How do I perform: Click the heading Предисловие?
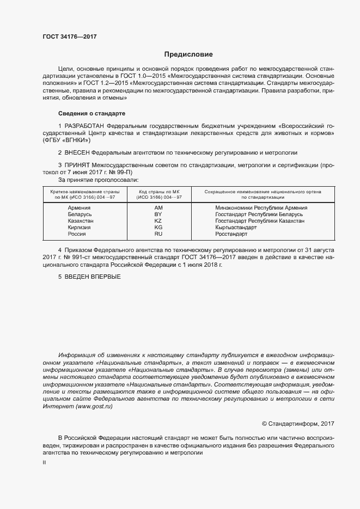click(x=188, y=54)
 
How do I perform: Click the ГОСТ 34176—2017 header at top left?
click(x=69, y=36)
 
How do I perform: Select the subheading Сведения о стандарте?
click(x=91, y=113)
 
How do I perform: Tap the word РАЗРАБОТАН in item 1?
click(x=84, y=126)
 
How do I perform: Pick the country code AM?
click(x=158, y=208)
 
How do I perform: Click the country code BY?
click(x=158, y=214)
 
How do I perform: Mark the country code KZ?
click(x=158, y=221)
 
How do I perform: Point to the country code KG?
click(x=158, y=228)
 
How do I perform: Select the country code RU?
click(x=158, y=234)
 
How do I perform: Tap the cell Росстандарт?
click(x=231, y=234)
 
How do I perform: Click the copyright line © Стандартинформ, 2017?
click(x=298, y=424)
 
